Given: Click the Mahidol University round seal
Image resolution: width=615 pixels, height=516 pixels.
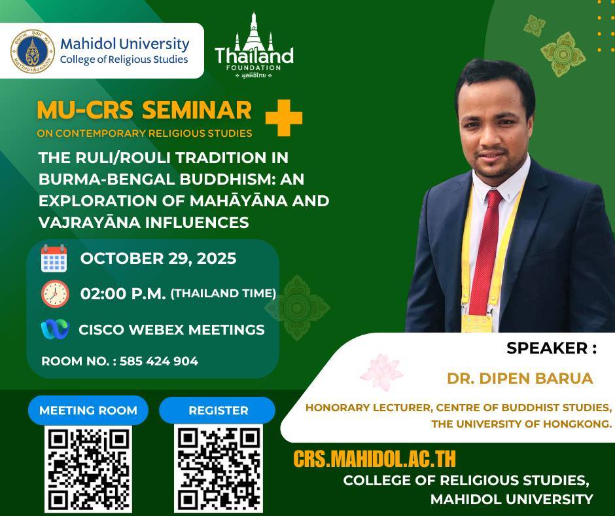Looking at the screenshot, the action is (x=33, y=52).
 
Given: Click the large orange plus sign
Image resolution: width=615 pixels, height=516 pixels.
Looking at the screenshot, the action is (x=283, y=118).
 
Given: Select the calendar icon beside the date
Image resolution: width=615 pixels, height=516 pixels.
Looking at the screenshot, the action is (x=54, y=258).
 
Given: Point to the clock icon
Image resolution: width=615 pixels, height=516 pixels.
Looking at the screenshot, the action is (x=55, y=294).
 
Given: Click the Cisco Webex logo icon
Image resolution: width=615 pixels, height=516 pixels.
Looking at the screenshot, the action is (x=55, y=329).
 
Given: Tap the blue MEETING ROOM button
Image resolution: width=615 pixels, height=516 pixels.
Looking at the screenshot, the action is (x=88, y=411).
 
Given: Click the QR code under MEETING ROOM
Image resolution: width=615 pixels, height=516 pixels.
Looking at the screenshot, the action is (x=88, y=470).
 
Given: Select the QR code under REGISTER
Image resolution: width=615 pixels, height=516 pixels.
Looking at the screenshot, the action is (x=219, y=469).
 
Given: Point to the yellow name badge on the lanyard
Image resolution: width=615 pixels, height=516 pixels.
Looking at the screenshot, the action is (x=476, y=323).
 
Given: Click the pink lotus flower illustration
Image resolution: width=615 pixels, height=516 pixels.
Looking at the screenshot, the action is (x=381, y=373).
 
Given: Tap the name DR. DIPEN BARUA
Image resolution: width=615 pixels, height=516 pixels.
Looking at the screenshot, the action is (x=520, y=378).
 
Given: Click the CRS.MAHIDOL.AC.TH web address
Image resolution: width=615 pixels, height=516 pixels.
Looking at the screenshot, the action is (x=375, y=458).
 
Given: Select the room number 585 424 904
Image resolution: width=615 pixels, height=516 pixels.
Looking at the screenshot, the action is (x=159, y=361).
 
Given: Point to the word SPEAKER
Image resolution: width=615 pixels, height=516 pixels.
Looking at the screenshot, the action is (x=547, y=348).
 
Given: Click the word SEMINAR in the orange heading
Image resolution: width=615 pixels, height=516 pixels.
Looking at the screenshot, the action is (x=196, y=110).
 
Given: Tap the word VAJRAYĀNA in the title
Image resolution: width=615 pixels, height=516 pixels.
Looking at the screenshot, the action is (x=90, y=222).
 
